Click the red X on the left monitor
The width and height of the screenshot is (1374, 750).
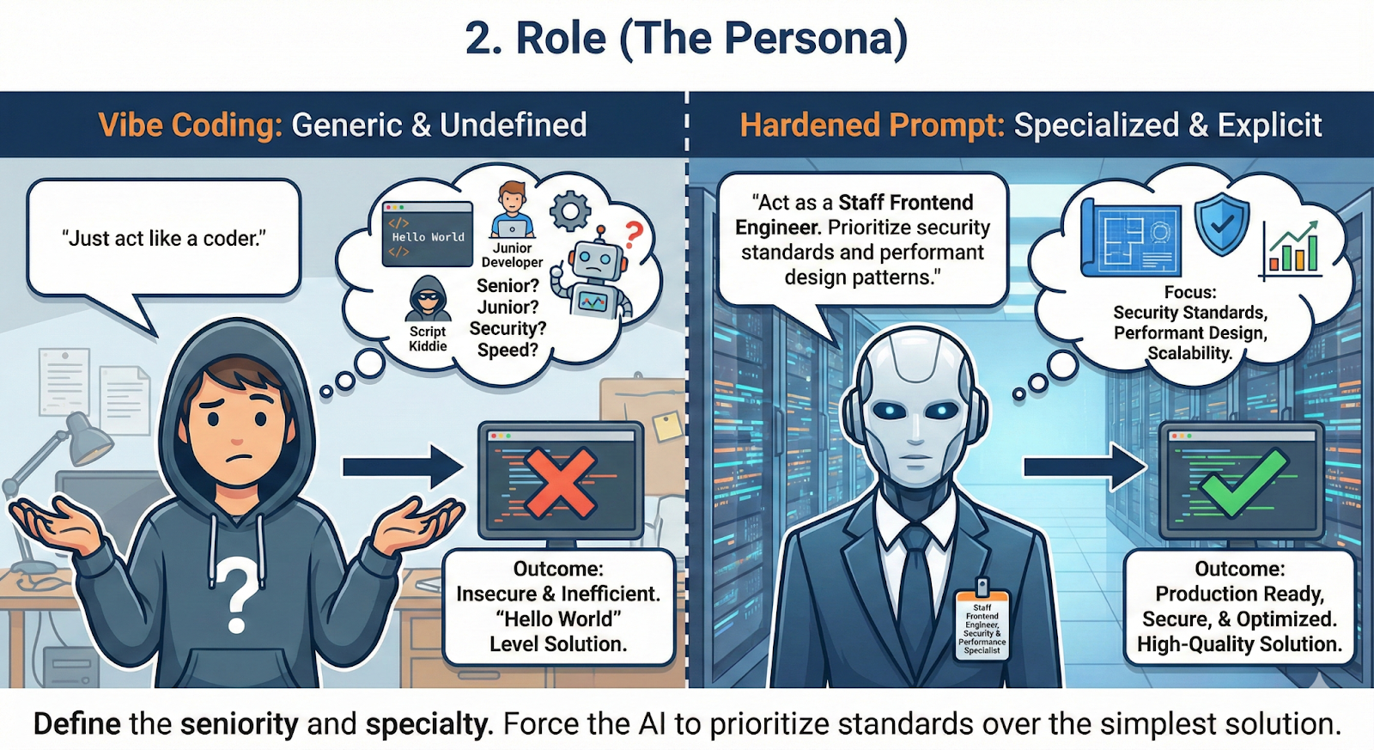coord(559,483)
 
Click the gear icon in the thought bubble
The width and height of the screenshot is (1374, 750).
coord(570,210)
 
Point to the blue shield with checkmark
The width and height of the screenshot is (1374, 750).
coord(1222,223)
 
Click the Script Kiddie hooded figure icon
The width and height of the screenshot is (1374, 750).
coord(428,300)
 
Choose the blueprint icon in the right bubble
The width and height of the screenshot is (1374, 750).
coord(1132,236)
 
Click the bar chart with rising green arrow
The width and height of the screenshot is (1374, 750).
coord(1292,248)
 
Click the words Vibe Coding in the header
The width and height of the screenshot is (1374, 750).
coord(190,125)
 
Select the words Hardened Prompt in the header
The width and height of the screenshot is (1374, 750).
coord(872,125)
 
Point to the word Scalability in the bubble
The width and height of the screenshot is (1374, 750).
coord(1189,353)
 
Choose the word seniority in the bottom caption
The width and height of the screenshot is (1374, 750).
coord(239,724)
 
